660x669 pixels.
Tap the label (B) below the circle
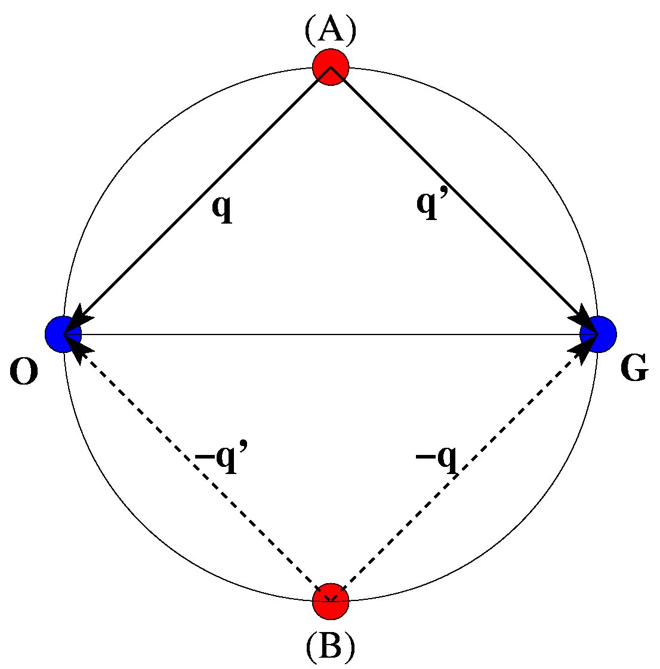pyautogui.click(x=330, y=646)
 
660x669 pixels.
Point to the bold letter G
pyautogui.click(x=634, y=370)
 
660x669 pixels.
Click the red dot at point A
pyautogui.click(x=330, y=67)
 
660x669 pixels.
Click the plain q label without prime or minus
pyautogui.click(x=223, y=208)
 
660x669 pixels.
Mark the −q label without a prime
pyautogui.click(x=437, y=459)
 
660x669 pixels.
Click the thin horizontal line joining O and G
pyautogui.click(x=330, y=335)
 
